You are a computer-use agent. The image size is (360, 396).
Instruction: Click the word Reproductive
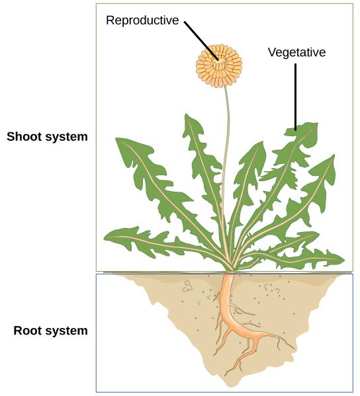point(142,20)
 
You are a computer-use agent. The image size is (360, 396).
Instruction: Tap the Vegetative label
point(296,52)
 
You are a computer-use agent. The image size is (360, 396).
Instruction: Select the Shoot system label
point(47,138)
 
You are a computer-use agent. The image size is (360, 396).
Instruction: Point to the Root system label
point(51,331)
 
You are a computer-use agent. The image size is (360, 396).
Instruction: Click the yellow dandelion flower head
point(219,65)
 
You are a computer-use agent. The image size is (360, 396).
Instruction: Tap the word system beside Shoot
point(67,138)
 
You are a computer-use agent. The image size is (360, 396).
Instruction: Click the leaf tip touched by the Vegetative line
point(297,131)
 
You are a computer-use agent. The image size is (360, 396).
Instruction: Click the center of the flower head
point(219,65)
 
